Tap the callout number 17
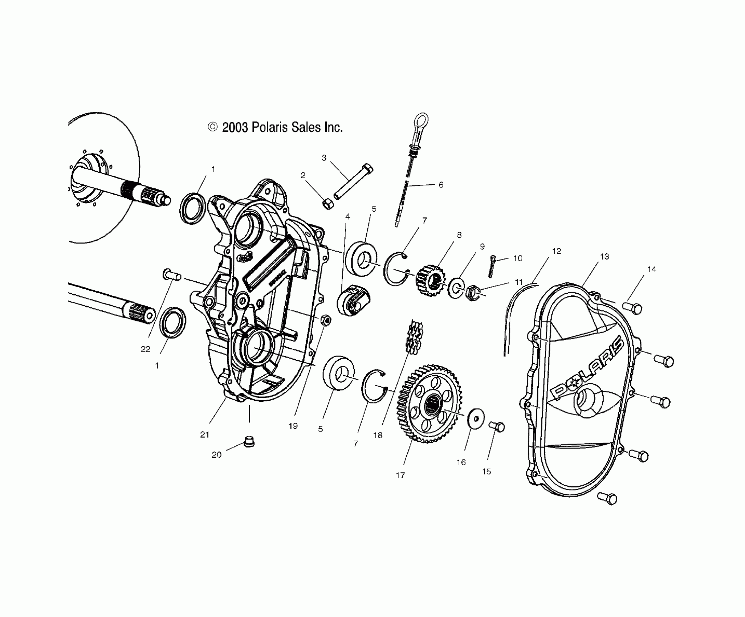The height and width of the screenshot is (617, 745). tap(400, 475)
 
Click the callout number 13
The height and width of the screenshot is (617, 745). tap(604, 257)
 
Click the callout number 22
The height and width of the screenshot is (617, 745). tap(145, 349)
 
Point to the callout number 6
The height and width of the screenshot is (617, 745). tap(441, 185)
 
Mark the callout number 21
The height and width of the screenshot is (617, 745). tap(205, 434)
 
